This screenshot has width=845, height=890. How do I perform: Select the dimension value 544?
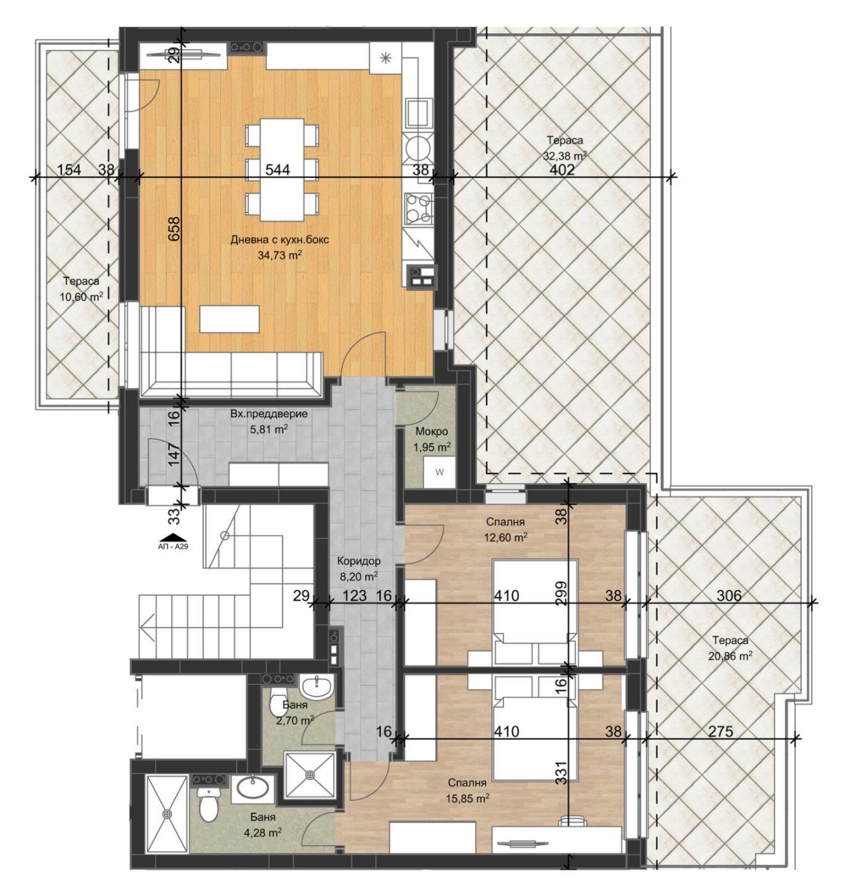(x=277, y=170)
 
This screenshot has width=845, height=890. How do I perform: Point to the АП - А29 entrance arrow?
(x=174, y=537)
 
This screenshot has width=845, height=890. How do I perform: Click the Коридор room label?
(x=359, y=561)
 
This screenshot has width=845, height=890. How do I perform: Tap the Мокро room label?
(x=432, y=431)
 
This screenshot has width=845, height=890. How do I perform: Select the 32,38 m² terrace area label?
(x=565, y=156)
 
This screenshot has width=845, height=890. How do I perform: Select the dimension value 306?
(x=729, y=595)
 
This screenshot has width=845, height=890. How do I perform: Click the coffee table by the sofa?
(x=229, y=319)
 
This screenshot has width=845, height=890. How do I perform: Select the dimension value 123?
(x=354, y=595)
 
